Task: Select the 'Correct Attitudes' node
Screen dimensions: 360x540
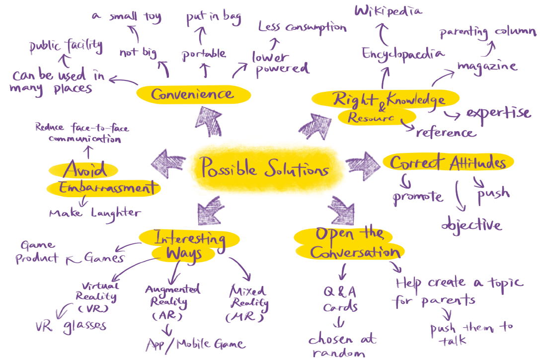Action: pyautogui.click(x=447, y=163)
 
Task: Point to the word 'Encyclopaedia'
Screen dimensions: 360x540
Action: pyautogui.click(x=403, y=54)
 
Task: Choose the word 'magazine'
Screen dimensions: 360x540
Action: pyautogui.click(x=487, y=66)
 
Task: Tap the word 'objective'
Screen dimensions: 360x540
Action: pyautogui.click(x=471, y=224)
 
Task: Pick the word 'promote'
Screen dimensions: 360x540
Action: pyautogui.click(x=418, y=197)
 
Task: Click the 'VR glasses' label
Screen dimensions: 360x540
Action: pyautogui.click(x=71, y=326)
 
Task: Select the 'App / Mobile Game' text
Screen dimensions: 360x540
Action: pyautogui.click(x=195, y=344)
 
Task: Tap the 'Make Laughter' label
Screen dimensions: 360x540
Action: pyautogui.click(x=94, y=214)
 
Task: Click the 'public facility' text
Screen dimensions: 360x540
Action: pyautogui.click(x=65, y=47)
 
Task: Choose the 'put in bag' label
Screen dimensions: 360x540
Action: pyautogui.click(x=213, y=18)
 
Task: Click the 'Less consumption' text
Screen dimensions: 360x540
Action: pyautogui.click(x=302, y=27)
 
